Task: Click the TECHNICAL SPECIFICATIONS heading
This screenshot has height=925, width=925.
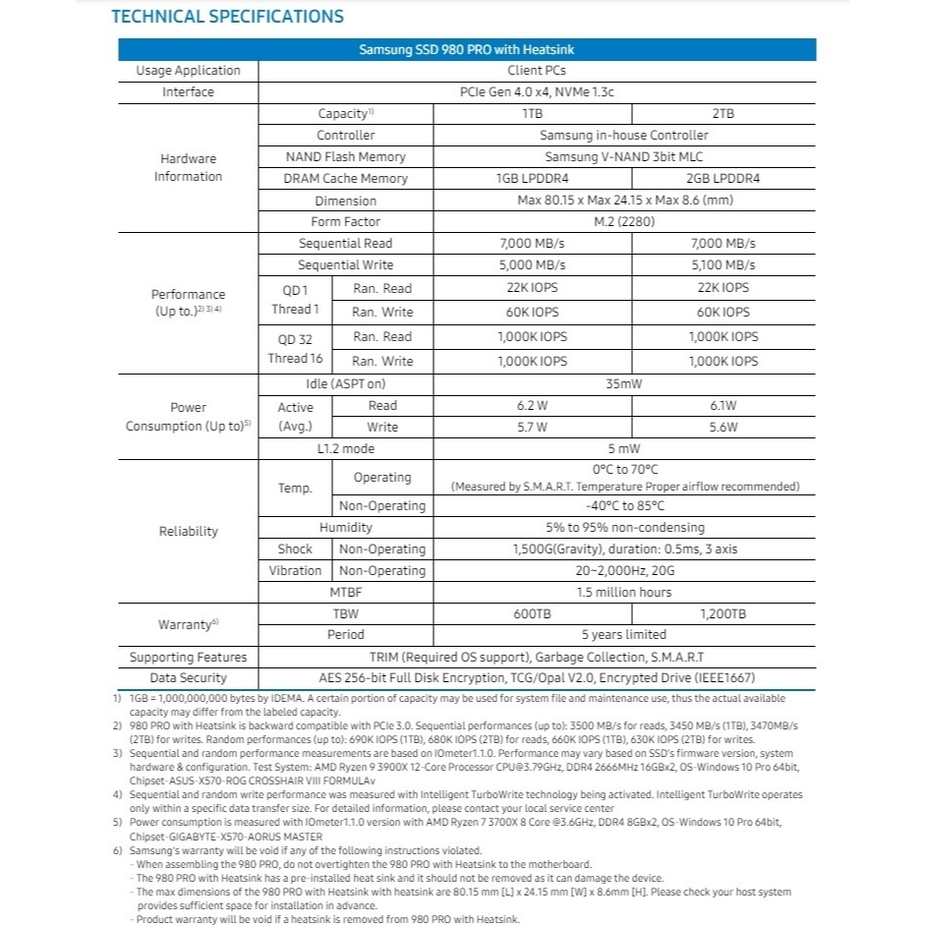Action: pyautogui.click(x=227, y=17)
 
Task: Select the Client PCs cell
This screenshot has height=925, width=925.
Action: pyautogui.click(x=536, y=70)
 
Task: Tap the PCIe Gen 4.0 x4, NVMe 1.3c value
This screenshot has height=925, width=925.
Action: pyautogui.click(x=536, y=91)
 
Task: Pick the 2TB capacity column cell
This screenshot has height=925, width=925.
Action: pyautogui.click(x=723, y=113)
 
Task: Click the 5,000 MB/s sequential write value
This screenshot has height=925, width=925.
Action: pyautogui.click(x=533, y=264)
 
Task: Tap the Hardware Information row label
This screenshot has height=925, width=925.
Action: pyautogui.click(x=188, y=167)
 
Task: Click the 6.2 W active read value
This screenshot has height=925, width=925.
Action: pyautogui.click(x=531, y=405)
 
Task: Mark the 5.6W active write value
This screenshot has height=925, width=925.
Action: pyautogui.click(x=723, y=427)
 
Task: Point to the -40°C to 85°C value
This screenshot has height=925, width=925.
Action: pyautogui.click(x=624, y=505)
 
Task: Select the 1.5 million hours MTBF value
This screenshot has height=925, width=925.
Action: pyautogui.click(x=624, y=592)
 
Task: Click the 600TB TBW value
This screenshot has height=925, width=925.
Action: pyautogui.click(x=532, y=613)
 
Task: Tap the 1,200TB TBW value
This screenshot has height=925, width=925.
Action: pyautogui.click(x=723, y=613)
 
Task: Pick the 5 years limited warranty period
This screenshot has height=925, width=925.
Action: pyautogui.click(x=624, y=634)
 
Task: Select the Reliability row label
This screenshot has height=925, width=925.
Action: pyautogui.click(x=188, y=531)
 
